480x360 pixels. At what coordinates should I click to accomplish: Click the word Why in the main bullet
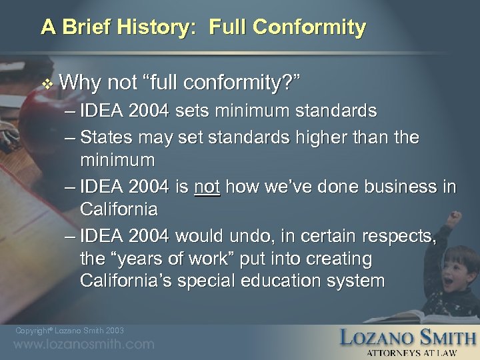80,83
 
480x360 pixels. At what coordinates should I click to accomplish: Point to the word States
105,137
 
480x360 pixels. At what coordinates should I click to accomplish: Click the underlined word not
207,187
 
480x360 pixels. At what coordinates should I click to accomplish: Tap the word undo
245,236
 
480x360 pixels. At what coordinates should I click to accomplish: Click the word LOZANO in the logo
378,337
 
